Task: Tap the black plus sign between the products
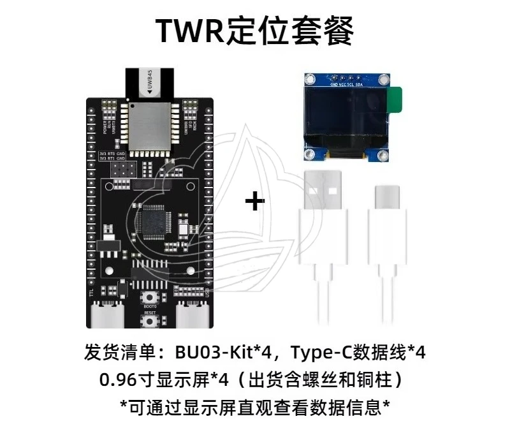click(255, 202)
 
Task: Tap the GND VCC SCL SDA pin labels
click(346, 84)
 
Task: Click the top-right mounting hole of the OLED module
click(383, 80)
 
